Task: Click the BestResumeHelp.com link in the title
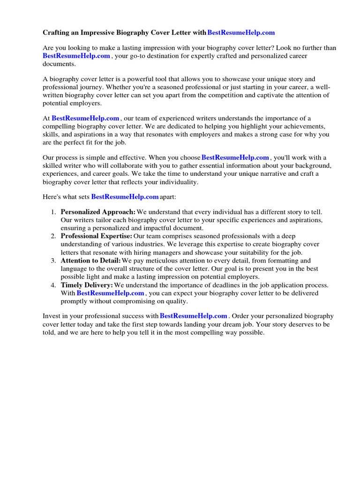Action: pos(241,33)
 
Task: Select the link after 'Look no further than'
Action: pos(76,56)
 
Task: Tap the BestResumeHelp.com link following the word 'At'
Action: pos(85,119)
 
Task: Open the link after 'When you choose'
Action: pos(235,158)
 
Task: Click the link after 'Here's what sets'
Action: pos(125,197)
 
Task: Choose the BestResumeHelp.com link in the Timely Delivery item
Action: pos(110,293)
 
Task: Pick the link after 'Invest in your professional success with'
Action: pos(194,316)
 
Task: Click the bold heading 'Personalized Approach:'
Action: pos(98,212)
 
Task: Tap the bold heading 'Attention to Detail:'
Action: pos(91,261)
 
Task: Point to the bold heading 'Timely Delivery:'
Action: pos(87,285)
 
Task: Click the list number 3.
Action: pos(53,261)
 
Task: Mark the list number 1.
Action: pos(53,212)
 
